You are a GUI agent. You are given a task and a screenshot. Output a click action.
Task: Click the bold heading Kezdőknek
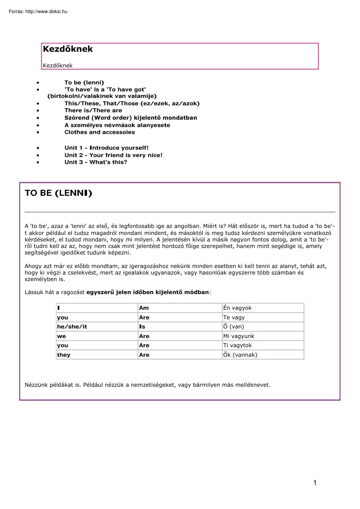point(68,49)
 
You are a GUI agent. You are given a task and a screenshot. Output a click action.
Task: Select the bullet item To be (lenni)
point(84,82)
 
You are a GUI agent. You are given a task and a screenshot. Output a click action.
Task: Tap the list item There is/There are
point(93,111)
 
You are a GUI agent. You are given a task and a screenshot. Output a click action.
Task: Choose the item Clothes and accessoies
point(100,132)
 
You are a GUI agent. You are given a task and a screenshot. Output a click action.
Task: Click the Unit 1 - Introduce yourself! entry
point(107,148)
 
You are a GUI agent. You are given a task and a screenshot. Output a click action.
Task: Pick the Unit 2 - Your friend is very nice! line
point(113,155)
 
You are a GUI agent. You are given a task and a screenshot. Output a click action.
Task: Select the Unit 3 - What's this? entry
point(96,162)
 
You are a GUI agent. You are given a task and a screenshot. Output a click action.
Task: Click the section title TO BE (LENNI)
point(58,193)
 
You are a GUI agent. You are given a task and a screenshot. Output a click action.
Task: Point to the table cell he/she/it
point(72,327)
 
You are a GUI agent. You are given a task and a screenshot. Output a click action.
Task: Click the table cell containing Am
point(144,308)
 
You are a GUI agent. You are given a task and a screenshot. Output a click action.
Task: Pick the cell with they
point(64,355)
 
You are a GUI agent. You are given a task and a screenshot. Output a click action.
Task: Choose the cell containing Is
point(142,327)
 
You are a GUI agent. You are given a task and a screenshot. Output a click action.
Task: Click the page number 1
point(314,482)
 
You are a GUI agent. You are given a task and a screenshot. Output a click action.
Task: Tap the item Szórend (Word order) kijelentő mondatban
point(131,118)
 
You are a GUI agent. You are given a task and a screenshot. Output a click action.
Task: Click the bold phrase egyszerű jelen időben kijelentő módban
point(148,292)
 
